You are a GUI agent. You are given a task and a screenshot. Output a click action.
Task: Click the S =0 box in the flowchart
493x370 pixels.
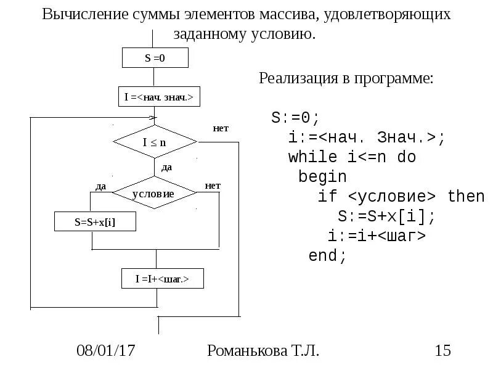point(155,58)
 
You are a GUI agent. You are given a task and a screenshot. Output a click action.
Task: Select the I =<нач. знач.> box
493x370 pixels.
point(159,97)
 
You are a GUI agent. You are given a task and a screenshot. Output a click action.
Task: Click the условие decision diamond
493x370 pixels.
point(154,193)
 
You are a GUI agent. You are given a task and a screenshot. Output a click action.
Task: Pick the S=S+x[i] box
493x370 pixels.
point(95,221)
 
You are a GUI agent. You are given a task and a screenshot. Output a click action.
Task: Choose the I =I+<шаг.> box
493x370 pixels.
point(161,279)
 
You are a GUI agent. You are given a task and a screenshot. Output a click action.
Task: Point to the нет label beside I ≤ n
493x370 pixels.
point(221,128)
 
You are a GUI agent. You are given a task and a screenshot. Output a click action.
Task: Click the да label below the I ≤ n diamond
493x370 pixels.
point(166,167)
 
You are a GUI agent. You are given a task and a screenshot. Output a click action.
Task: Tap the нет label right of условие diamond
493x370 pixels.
point(213,185)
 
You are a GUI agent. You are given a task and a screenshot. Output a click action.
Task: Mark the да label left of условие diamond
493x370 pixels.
point(101,186)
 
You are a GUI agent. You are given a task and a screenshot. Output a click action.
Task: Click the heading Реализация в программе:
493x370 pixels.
point(346,78)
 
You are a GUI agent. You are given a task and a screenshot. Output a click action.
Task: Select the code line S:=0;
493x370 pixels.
point(296,117)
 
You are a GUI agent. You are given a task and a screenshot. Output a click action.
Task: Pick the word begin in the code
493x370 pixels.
point(322,176)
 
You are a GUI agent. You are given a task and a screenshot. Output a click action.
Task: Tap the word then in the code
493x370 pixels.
point(466,196)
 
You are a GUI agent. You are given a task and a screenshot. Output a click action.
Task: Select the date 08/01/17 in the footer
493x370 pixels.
point(105,351)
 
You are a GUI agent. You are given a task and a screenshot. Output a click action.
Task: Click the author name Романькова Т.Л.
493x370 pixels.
point(264,351)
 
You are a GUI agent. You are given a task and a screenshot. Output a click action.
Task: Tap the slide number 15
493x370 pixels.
point(443,351)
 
